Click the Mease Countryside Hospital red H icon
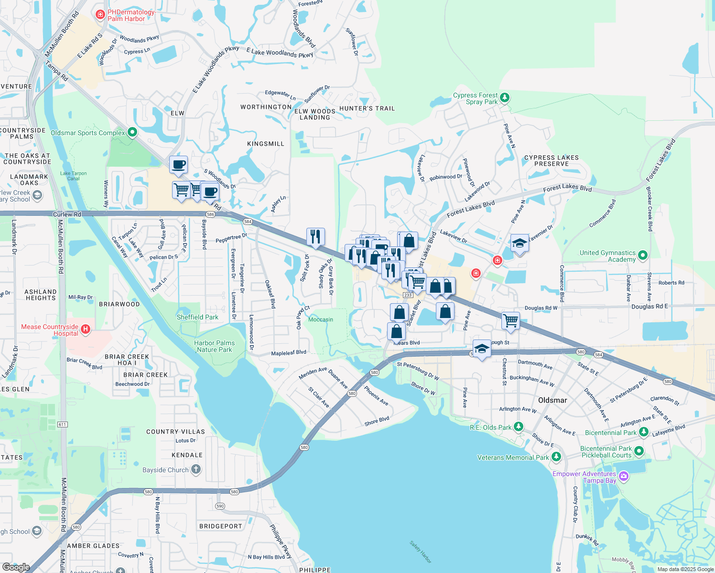[x=85, y=329]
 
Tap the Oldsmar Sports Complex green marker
[x=132, y=132]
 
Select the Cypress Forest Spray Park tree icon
[x=505, y=98]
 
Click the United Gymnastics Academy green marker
[x=642, y=255]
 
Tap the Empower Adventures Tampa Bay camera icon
[x=623, y=476]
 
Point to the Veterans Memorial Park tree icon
[x=556, y=457]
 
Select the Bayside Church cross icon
[x=196, y=469]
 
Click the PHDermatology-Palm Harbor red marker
[x=100, y=15]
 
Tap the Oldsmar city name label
[x=552, y=400]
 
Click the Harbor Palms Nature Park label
[x=214, y=346]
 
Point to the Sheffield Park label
[x=197, y=317]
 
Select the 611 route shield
[x=62, y=424]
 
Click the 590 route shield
[x=220, y=506]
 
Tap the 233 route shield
[x=408, y=295]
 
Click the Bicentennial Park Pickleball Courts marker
[x=639, y=451]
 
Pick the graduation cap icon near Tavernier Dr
[x=520, y=244]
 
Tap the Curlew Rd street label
[x=67, y=214]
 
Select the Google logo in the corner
[x=16, y=567]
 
